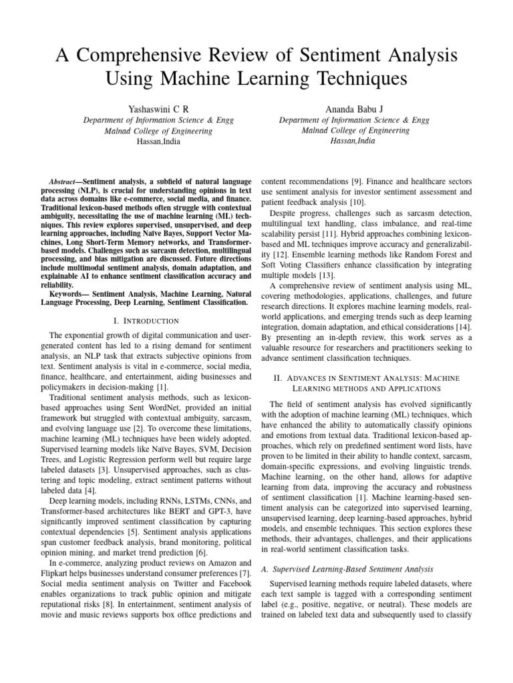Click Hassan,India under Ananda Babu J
tap(358, 142)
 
